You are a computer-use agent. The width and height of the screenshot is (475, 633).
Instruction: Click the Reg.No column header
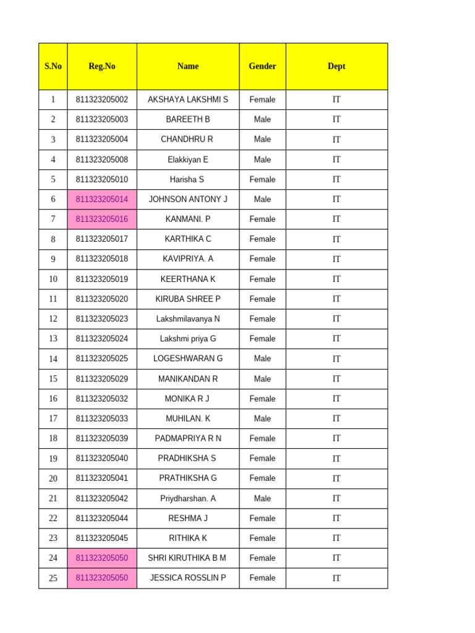tap(102, 66)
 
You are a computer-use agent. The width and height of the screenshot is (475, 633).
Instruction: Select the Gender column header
tap(262, 66)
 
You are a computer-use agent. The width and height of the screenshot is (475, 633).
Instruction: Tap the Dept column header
tap(336, 66)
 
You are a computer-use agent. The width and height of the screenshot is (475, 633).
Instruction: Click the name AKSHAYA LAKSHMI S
tap(188, 100)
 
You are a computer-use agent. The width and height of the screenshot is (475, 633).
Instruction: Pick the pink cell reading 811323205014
tap(102, 199)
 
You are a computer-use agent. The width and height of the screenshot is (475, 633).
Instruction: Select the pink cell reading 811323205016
tap(102, 219)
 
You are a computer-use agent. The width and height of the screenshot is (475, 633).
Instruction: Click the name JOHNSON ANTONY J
tap(188, 199)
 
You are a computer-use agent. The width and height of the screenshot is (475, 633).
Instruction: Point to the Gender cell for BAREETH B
tap(262, 119)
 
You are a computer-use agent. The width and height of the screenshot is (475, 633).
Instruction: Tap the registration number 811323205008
tap(102, 159)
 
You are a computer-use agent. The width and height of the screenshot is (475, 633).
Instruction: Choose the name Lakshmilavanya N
tap(188, 319)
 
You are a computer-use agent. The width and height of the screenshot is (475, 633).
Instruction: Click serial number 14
tap(53, 359)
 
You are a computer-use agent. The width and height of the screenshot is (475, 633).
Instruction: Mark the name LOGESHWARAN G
tap(188, 359)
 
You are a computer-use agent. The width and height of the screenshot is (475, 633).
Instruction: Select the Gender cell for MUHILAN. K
tap(262, 418)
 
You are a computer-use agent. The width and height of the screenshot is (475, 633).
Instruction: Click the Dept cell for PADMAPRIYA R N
tap(336, 438)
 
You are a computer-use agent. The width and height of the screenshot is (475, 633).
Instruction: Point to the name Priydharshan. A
tap(188, 498)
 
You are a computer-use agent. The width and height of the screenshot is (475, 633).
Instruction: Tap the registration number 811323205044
tap(102, 518)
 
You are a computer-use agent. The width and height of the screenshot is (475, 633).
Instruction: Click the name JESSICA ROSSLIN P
tap(188, 578)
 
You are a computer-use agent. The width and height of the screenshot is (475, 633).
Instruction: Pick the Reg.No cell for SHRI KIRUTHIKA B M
tap(102, 558)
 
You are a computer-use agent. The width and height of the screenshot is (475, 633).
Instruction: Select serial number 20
tap(53, 478)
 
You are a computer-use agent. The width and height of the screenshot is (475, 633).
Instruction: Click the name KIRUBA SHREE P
tap(188, 299)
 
